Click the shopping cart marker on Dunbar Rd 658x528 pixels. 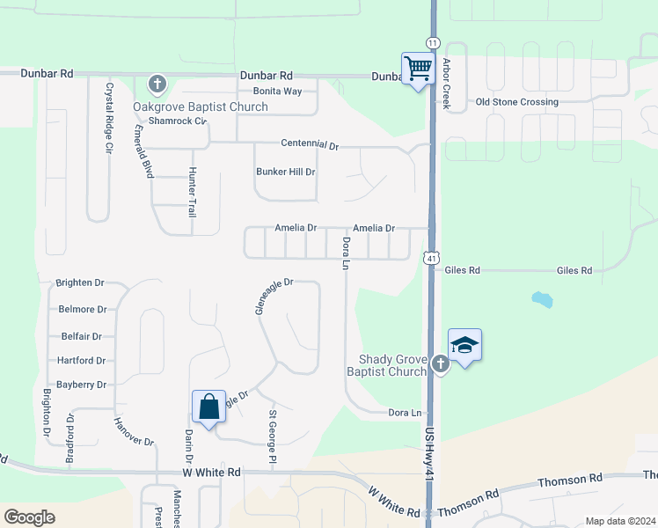[x=419, y=68]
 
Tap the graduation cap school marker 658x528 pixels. [x=464, y=345]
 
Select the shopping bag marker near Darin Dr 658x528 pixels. [x=208, y=407]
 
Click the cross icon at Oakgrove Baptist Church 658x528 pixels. [x=157, y=84]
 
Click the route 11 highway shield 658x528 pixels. [x=432, y=42]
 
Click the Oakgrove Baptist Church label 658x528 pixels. [x=201, y=106]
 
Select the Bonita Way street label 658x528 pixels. [x=277, y=92]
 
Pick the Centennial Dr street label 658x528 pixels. [x=310, y=143]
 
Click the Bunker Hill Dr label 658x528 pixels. [x=285, y=172]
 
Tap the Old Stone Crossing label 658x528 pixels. [x=516, y=102]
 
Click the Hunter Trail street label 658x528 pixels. [x=192, y=194]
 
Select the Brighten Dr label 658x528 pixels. [x=80, y=283]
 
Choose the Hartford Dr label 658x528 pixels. [x=81, y=361]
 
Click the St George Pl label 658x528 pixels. [x=273, y=436]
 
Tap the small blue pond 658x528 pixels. [x=542, y=299]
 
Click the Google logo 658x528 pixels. [x=29, y=517]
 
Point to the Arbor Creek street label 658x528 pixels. [x=447, y=84]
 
